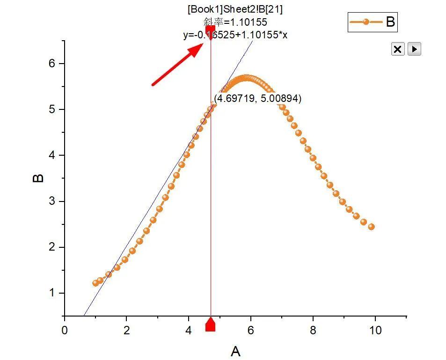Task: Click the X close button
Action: tap(397, 49)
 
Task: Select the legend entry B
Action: tap(373, 22)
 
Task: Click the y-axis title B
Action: tap(38, 178)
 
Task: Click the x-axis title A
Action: tap(235, 351)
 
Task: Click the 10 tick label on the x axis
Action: tap(375, 331)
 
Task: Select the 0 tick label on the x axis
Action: tap(65, 331)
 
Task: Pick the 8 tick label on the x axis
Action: tap(313, 331)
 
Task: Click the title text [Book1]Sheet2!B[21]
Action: tap(235, 9)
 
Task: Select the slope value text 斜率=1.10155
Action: tap(235, 22)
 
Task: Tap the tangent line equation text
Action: tap(235, 35)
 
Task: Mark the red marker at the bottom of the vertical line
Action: tap(211, 324)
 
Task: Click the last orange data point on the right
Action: tap(371, 227)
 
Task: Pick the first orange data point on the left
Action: tap(96, 283)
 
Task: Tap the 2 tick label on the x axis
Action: tap(126, 331)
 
